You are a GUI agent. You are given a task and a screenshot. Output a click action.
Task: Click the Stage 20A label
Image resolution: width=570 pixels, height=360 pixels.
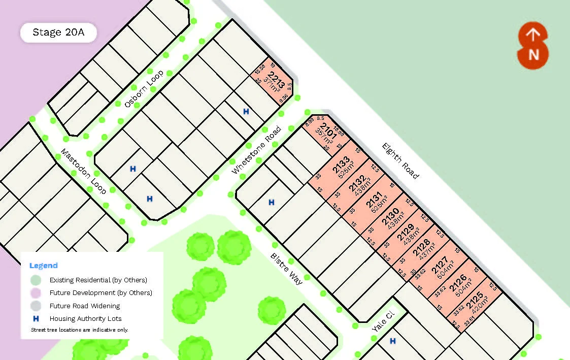coord(58,32)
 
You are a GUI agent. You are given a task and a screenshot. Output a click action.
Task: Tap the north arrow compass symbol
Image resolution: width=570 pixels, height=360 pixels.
coord(533,45)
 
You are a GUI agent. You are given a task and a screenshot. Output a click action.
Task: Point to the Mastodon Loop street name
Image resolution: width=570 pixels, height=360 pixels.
coord(84,171)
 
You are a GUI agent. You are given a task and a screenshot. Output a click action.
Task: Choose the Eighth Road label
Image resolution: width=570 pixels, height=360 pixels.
coord(401,160)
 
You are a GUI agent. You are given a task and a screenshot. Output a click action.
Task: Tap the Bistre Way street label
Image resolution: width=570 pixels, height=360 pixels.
coord(286,269)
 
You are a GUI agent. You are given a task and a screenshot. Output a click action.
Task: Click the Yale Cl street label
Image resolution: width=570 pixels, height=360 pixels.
coord(383,322)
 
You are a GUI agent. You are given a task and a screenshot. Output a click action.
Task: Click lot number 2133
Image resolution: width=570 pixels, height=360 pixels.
coord(341,164)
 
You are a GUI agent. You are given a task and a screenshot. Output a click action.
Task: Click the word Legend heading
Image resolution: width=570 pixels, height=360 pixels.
coord(44,266)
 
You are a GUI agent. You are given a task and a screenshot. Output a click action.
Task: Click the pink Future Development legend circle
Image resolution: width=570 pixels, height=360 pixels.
coord(36,293)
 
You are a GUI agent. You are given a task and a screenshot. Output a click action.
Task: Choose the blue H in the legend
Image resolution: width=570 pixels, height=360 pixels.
coord(36,319)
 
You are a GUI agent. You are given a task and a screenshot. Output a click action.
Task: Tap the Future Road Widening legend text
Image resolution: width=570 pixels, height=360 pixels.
coord(85,306)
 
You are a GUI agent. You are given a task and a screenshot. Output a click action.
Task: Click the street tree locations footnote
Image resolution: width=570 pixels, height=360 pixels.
coord(80,330)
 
